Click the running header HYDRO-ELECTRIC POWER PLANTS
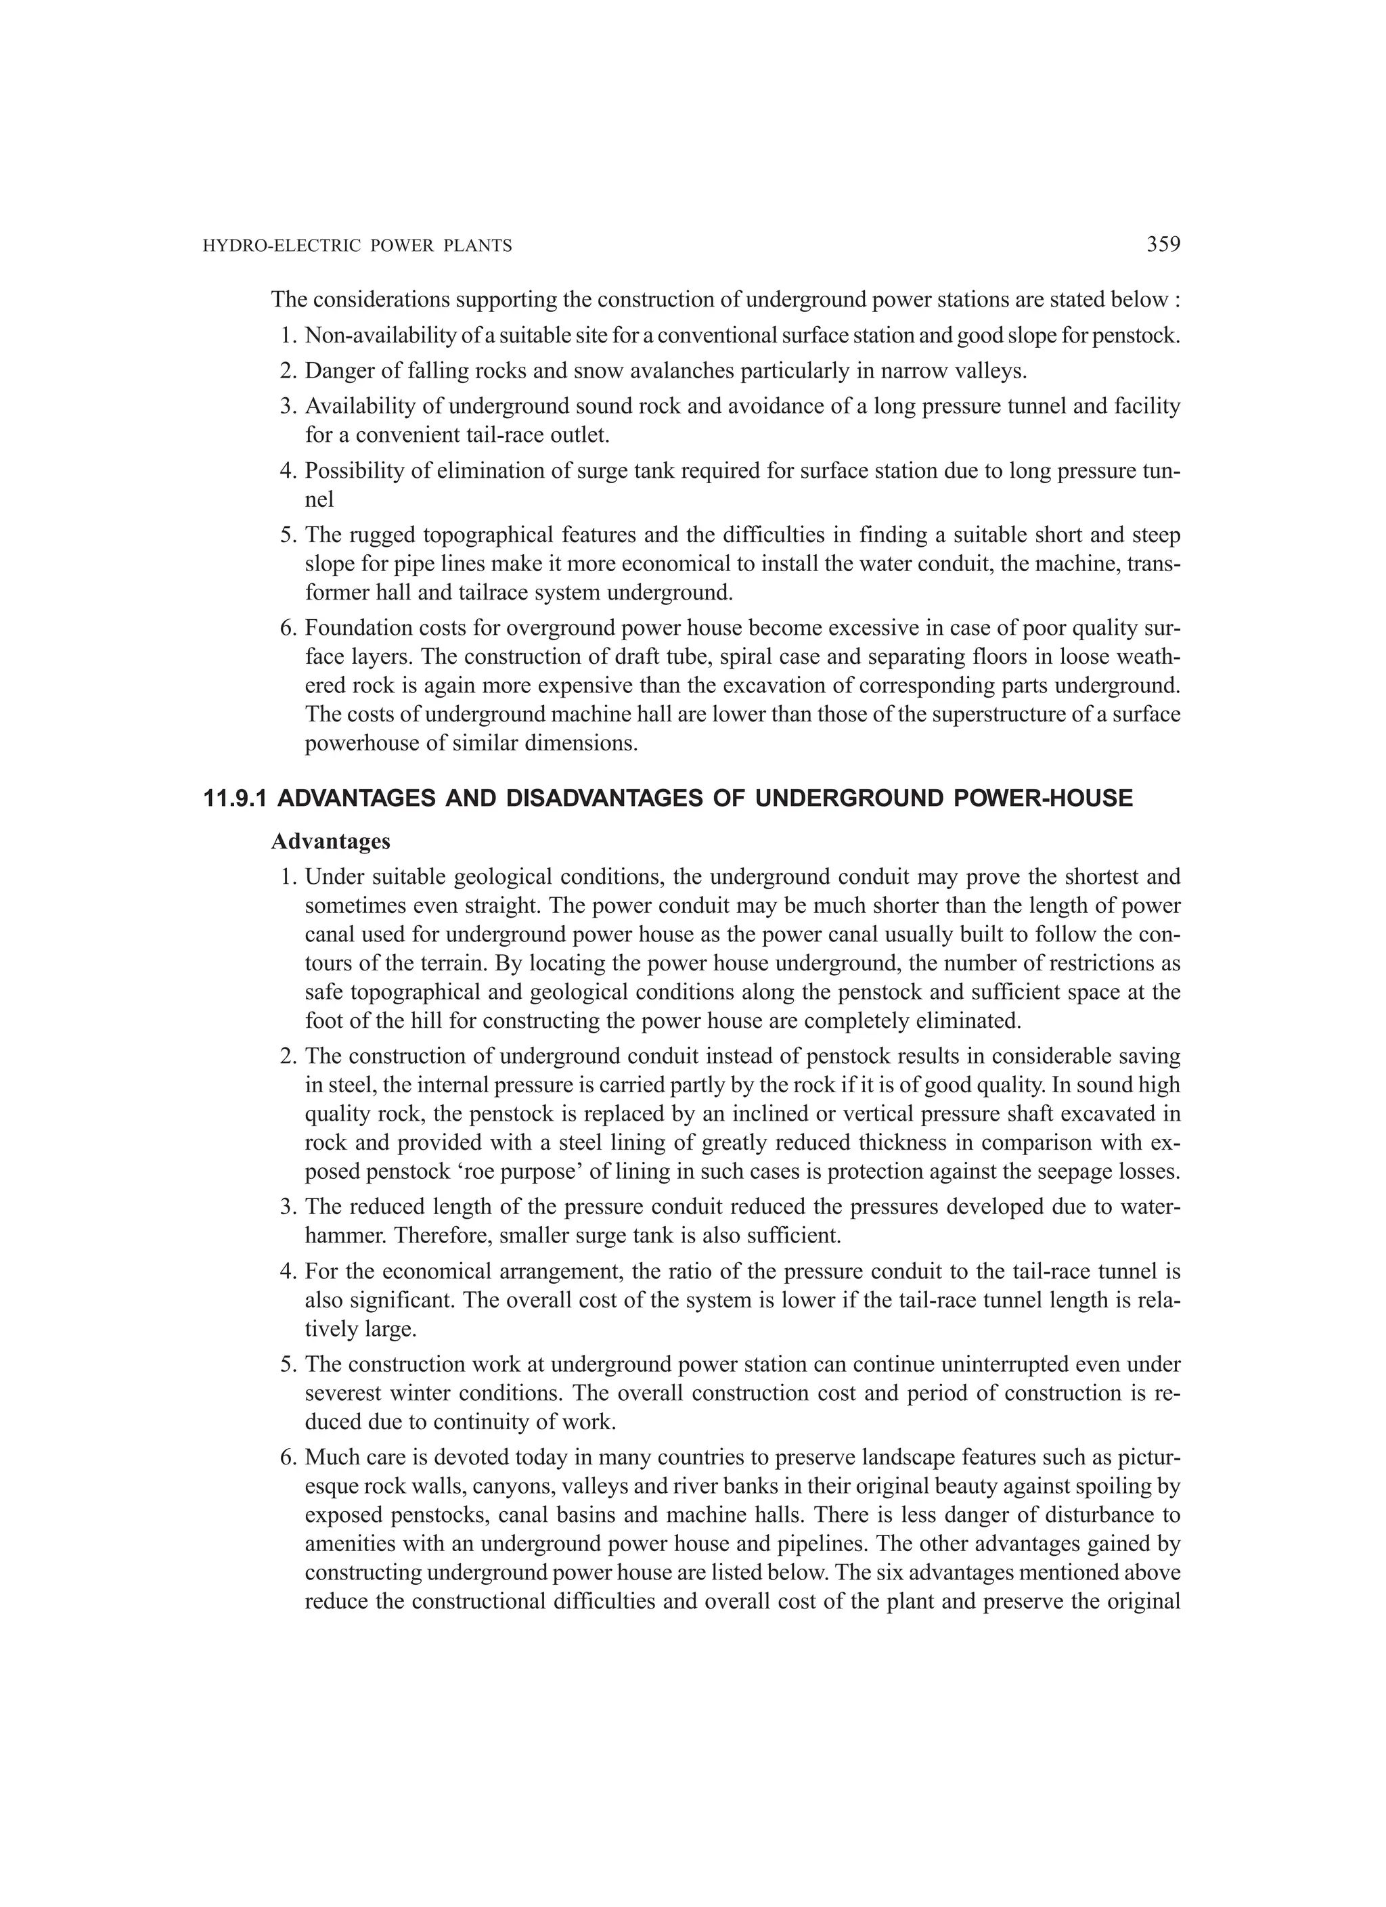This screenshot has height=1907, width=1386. coord(357,246)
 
